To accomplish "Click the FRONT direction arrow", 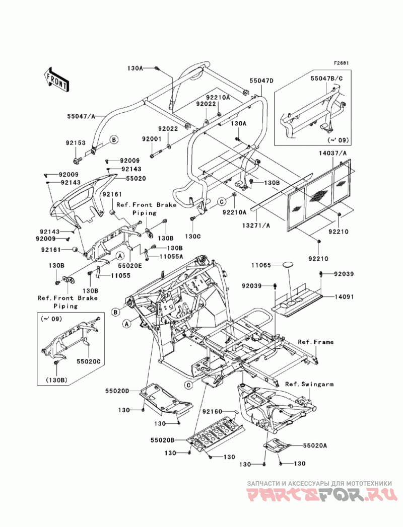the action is (56, 80).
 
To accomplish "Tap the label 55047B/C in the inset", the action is (327, 79).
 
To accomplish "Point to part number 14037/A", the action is (333, 154).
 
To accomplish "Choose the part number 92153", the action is (76, 142).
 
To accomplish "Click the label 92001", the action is (152, 138).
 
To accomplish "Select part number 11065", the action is (261, 265).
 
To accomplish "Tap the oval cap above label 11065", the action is (287, 265).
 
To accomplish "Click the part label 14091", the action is (344, 297).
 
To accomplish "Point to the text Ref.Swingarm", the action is (309, 384).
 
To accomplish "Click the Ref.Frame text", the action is (315, 342).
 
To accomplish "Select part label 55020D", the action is (117, 391).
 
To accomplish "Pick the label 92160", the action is (212, 411).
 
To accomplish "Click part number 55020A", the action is (315, 445).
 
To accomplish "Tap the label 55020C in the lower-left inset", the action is (89, 361).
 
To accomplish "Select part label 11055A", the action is (171, 256).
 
